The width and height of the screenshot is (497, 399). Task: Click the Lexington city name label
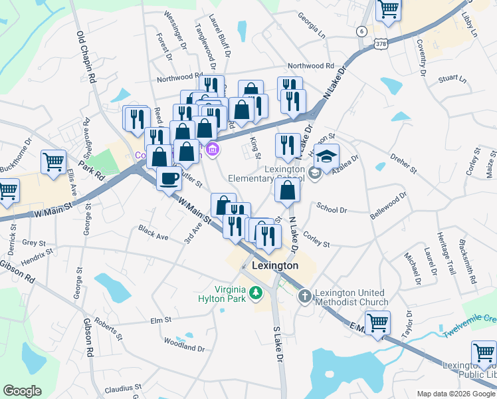pyautogui.click(x=275, y=265)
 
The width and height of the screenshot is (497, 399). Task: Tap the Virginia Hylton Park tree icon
pyautogui.click(x=254, y=293)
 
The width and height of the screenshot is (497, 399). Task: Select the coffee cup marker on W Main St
pyautogui.click(x=169, y=178)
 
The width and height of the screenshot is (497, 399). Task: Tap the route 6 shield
pyautogui.click(x=361, y=31)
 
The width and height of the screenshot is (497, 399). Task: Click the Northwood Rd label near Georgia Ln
pyautogui.click(x=310, y=66)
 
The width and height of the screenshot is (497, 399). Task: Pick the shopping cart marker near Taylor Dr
pyautogui.click(x=377, y=324)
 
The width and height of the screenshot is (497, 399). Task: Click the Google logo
pyautogui.click(x=22, y=391)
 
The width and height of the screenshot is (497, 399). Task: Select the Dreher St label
pyautogui.click(x=403, y=162)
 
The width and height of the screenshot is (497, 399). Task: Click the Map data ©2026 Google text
pyautogui.click(x=456, y=394)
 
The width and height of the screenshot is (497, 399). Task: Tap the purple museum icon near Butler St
pyautogui.click(x=212, y=148)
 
